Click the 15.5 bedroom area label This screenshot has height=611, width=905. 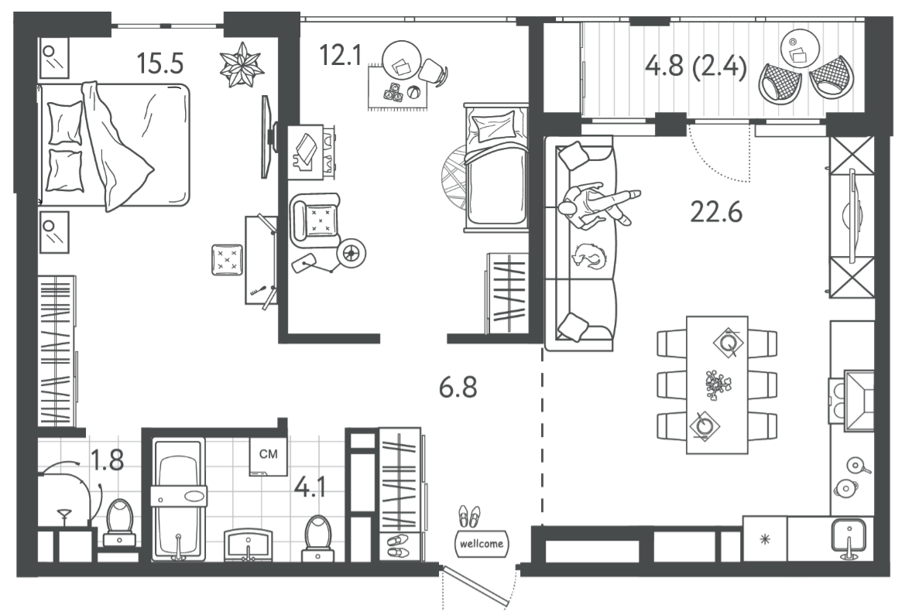pyautogui.click(x=160, y=63)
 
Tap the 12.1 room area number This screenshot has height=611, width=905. pyautogui.click(x=340, y=56)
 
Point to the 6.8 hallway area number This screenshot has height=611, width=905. pyautogui.click(x=458, y=387)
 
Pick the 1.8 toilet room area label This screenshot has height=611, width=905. pyautogui.click(x=108, y=460)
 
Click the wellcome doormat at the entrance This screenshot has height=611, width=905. pyautogui.click(x=482, y=544)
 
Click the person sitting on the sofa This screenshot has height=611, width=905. pyautogui.click(x=598, y=205)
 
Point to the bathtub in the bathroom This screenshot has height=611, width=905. pyautogui.click(x=179, y=499)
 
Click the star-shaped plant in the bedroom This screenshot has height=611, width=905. pyautogui.click(x=242, y=64)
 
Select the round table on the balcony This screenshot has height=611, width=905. pyautogui.click(x=800, y=49)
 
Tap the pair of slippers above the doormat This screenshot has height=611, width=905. pyautogui.click(x=468, y=517)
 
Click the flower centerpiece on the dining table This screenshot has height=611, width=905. pyautogui.click(x=718, y=385)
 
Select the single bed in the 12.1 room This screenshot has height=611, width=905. pyautogui.click(x=496, y=167)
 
